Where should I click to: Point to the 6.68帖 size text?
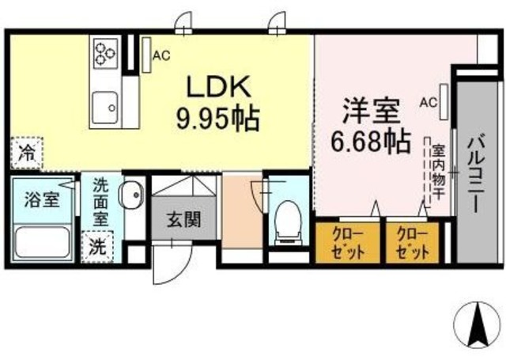(x=371, y=142)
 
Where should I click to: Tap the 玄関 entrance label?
(x=183, y=217)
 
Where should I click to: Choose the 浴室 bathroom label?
(x=41, y=199)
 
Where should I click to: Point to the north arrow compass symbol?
(x=478, y=324)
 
